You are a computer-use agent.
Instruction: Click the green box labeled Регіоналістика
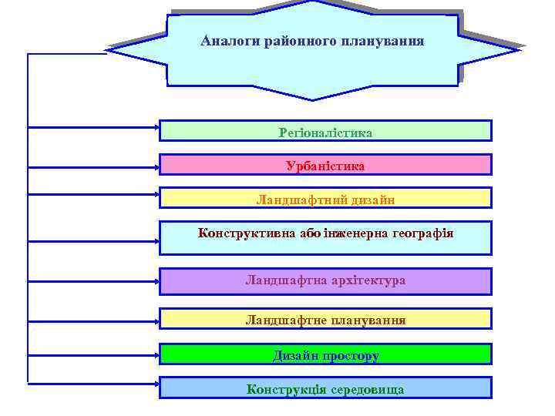(x=325, y=133)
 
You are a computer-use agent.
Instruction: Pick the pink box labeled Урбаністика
(x=325, y=166)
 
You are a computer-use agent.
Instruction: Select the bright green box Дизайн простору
(x=325, y=355)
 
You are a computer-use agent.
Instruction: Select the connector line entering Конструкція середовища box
(x=92, y=382)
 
